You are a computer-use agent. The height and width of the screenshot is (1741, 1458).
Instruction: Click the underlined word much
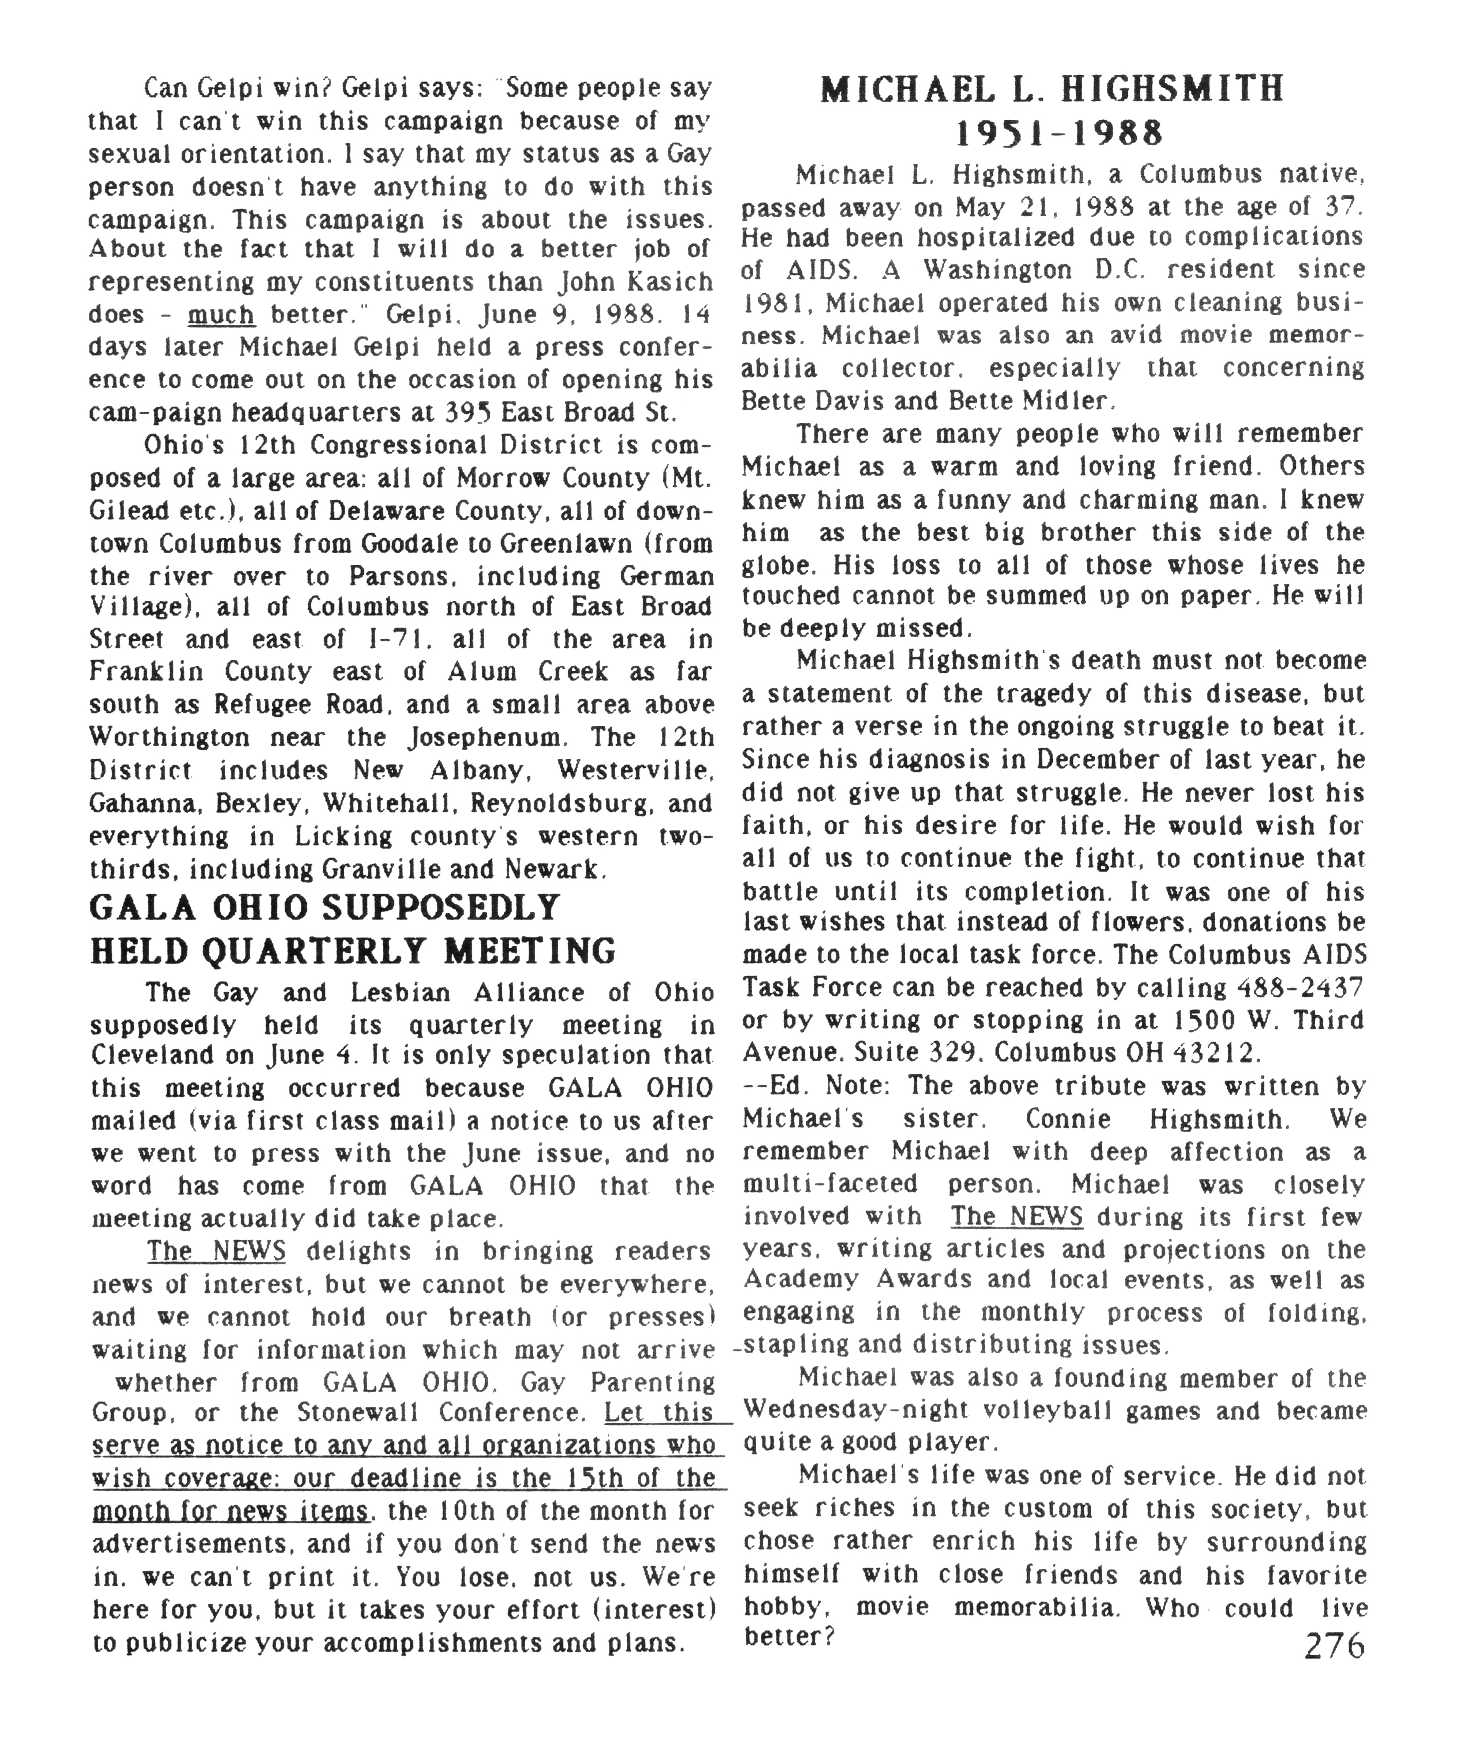pos(220,315)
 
